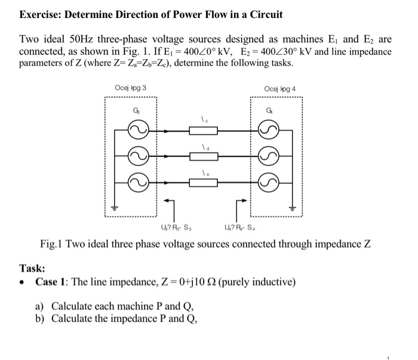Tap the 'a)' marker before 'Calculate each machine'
[x=41, y=306]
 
